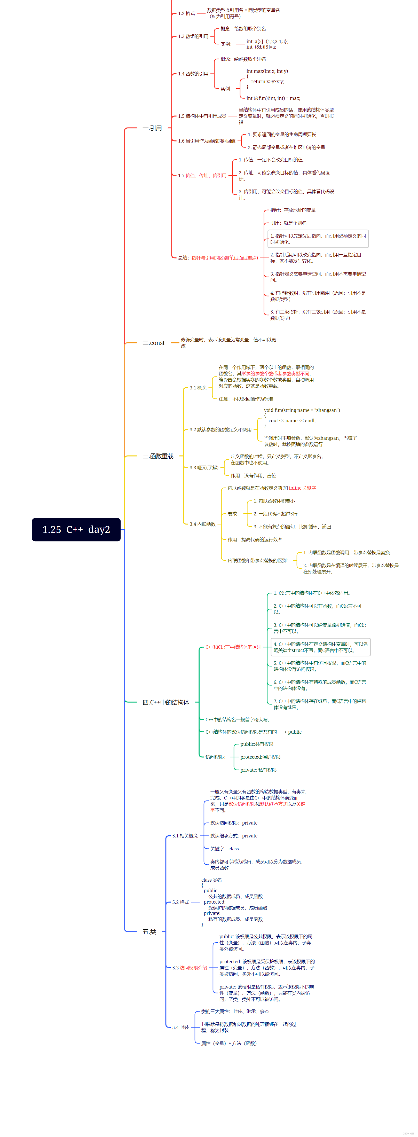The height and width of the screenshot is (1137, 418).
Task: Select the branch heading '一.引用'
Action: pyautogui.click(x=152, y=128)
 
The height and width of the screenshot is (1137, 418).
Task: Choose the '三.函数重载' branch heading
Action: pyautogui.click(x=157, y=456)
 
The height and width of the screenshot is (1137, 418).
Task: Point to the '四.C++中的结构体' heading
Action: pyautogui.click(x=165, y=702)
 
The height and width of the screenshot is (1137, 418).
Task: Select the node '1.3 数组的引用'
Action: pyautogui.click(x=193, y=36)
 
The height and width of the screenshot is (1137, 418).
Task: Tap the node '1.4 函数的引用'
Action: pyautogui.click(x=193, y=74)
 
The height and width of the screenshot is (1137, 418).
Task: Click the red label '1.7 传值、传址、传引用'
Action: pyautogui.click(x=202, y=175)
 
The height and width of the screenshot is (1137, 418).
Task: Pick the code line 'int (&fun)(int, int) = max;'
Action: pyautogui.click(x=273, y=98)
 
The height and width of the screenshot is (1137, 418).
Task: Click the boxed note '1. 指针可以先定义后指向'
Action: pyautogui.click(x=318, y=239)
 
